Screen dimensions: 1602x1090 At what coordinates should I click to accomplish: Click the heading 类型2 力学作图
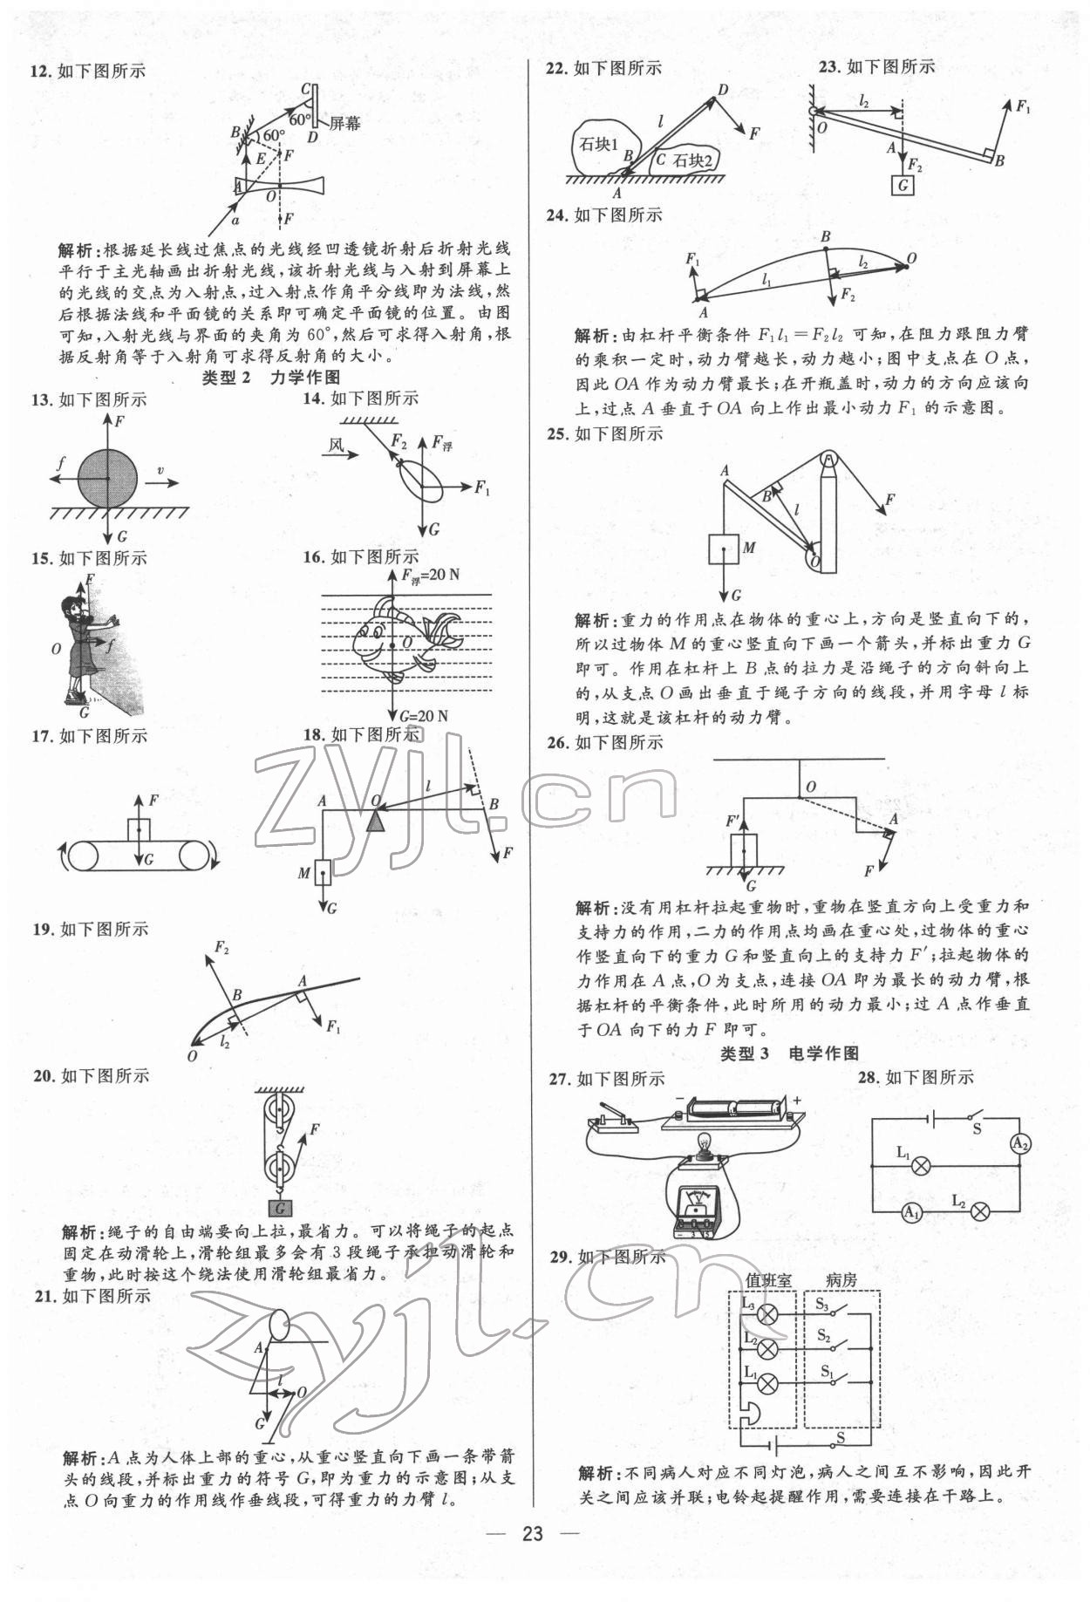[x=269, y=377]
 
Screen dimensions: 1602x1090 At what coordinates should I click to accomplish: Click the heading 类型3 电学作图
[x=789, y=1053]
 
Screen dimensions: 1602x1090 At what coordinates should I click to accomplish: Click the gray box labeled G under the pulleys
[x=281, y=1208]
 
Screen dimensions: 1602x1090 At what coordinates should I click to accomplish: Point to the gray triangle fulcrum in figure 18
[x=376, y=820]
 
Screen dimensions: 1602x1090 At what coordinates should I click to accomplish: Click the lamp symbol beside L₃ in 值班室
[x=767, y=1315]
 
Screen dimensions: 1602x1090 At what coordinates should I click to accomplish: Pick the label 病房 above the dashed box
[x=841, y=1280]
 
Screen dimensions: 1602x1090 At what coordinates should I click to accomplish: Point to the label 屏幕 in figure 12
[x=344, y=124]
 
